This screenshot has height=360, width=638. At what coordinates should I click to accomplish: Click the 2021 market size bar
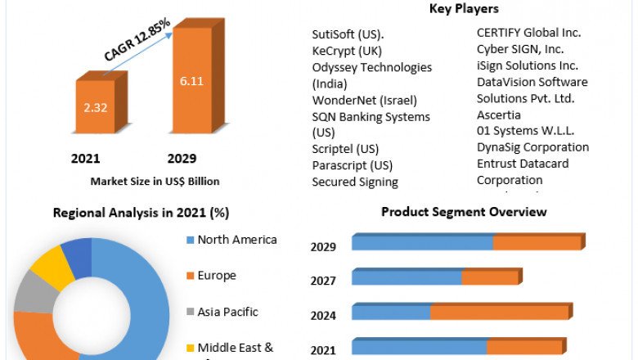coord(97,106)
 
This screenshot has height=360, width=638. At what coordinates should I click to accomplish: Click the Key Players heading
coord(464,9)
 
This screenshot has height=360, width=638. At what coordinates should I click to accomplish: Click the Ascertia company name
coord(499,115)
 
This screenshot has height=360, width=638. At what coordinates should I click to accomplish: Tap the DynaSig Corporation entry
coord(532,147)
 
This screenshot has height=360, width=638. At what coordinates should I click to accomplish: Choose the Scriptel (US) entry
coord(345,150)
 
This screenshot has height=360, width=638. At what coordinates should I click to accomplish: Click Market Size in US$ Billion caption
coord(155,181)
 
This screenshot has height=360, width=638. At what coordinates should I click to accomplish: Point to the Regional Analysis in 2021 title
coord(141,213)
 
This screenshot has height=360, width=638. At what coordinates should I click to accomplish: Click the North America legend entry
coord(237,240)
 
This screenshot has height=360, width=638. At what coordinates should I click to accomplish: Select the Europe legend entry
coord(217,276)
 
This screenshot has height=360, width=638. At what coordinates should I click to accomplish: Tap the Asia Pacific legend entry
coord(227,312)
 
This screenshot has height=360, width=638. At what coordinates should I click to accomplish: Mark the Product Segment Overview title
coord(464,212)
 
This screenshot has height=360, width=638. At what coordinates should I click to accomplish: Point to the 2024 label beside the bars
coord(324,315)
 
